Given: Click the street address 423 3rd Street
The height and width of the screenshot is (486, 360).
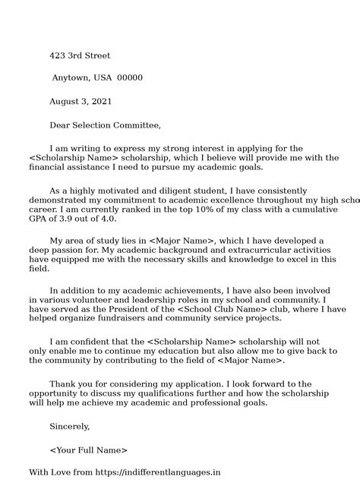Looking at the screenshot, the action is tap(80, 55).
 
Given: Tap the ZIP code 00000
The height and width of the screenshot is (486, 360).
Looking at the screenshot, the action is tap(129, 77).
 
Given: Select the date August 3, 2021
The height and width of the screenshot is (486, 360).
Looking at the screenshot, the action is tap(81, 101).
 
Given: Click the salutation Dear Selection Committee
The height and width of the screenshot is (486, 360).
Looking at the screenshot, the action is tap(105, 125).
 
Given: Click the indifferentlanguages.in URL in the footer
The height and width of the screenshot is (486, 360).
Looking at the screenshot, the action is tap(183, 472).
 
